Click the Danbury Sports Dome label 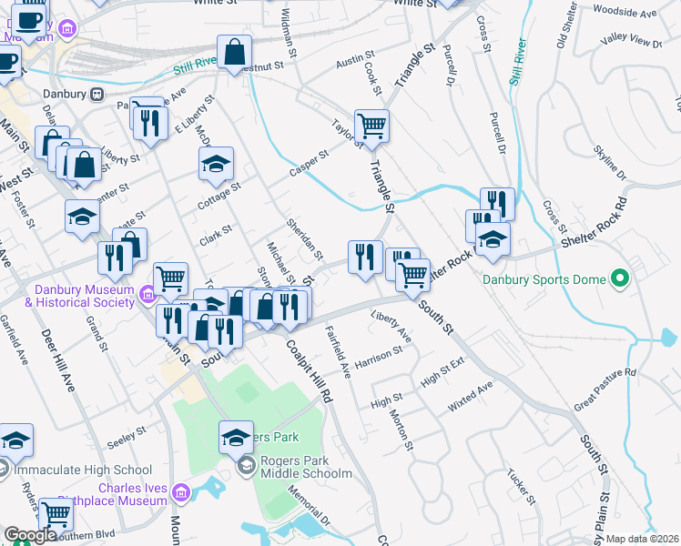[x=544, y=279]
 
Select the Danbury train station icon [x=96, y=94]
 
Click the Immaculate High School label [x=83, y=470]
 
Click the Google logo [x=30, y=536]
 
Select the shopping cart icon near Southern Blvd [x=56, y=514]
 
